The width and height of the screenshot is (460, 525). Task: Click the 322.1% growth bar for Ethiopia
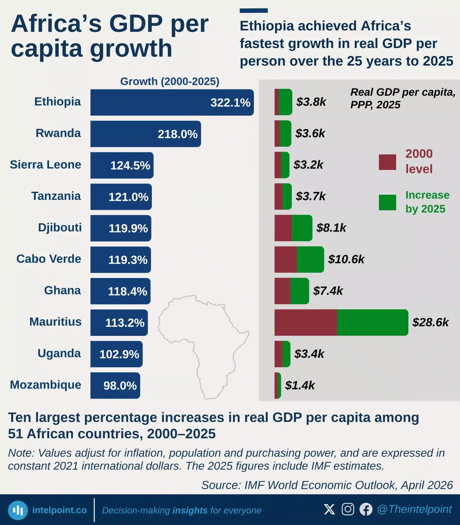172,102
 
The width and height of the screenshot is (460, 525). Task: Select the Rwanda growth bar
146,134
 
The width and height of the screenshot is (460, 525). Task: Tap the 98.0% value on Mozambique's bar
120,386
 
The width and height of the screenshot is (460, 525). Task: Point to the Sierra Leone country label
45,164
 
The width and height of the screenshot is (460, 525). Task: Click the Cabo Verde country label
49,259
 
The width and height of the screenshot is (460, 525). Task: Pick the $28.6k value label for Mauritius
431,322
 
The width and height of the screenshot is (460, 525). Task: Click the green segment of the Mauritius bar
373,322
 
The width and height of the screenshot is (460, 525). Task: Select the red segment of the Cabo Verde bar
286,259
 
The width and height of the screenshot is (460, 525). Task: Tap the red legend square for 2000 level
387,162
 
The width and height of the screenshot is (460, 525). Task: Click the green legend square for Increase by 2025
387,202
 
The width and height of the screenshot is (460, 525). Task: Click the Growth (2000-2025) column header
170,81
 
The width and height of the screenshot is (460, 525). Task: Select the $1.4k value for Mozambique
300,385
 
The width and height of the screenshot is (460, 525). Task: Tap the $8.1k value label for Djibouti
331,228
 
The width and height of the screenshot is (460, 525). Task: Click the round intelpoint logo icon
18,510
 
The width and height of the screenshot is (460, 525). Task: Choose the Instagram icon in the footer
348,509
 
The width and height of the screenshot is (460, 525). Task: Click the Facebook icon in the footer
366,509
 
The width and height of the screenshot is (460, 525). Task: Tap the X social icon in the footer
329,509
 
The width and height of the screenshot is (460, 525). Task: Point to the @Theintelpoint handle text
414,509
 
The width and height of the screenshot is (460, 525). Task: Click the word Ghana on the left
62,290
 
